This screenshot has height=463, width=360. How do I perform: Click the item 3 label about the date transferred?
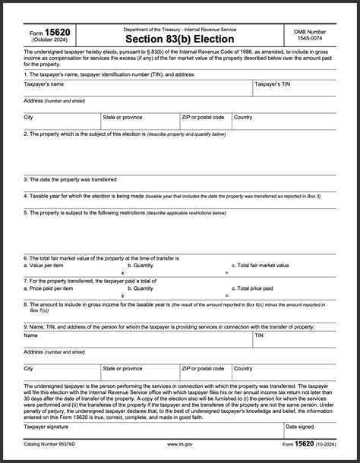70,180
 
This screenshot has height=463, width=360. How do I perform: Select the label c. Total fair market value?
263,266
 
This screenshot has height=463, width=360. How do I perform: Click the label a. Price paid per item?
49,288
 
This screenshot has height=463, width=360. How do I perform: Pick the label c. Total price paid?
254,288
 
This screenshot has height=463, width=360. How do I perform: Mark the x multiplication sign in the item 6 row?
122,272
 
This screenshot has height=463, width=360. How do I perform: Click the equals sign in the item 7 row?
226,295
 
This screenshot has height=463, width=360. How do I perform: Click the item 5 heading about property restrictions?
125,213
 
